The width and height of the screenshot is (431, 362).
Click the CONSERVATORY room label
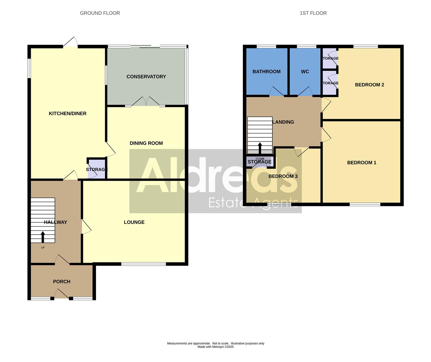pyautogui.click(x=146, y=77)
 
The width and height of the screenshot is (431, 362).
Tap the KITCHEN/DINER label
pyautogui.click(x=68, y=114)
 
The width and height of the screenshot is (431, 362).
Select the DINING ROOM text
pyautogui.click(x=146, y=143)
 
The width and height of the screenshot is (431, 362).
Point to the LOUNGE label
pyautogui.click(x=134, y=222)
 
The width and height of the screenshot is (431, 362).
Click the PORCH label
pyautogui.click(x=62, y=282)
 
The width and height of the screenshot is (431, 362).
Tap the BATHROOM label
pyautogui.click(x=266, y=72)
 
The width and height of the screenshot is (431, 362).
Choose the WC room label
pyautogui.click(x=305, y=72)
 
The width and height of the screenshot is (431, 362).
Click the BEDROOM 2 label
pyautogui.click(x=369, y=85)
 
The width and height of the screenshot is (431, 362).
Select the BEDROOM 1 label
pyautogui.click(x=362, y=163)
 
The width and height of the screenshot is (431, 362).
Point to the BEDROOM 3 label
pyautogui.click(x=283, y=176)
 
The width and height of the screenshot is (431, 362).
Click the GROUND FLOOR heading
pyautogui.click(x=100, y=13)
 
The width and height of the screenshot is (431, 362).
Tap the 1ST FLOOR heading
pyautogui.click(x=313, y=13)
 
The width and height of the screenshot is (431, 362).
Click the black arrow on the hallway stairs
pyautogui.click(x=42, y=237)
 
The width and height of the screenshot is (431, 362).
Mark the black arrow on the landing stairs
pyautogui.click(x=260, y=148)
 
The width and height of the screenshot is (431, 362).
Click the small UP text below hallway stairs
pyautogui.click(x=43, y=248)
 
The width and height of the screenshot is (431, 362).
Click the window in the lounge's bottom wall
pyautogui.click(x=144, y=264)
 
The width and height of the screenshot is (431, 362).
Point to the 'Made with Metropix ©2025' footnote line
pyautogui.click(x=215, y=347)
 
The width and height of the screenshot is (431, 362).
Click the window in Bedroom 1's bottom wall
pyautogui.click(x=365, y=204)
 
